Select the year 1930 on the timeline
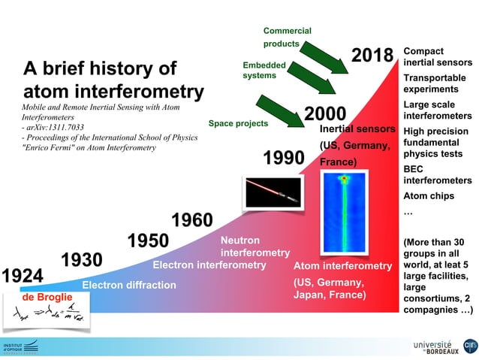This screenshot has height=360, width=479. (x=81, y=260)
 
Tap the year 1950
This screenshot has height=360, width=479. (x=148, y=241)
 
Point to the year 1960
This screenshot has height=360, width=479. (x=192, y=220)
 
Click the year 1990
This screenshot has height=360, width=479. (x=283, y=159)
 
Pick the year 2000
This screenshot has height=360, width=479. (x=324, y=114)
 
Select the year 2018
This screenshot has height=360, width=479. (x=372, y=56)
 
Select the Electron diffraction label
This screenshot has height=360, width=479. (x=128, y=285)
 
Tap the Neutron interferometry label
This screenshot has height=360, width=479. (x=255, y=246)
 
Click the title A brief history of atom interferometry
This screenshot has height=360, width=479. (x=113, y=80)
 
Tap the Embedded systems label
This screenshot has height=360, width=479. (x=264, y=70)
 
